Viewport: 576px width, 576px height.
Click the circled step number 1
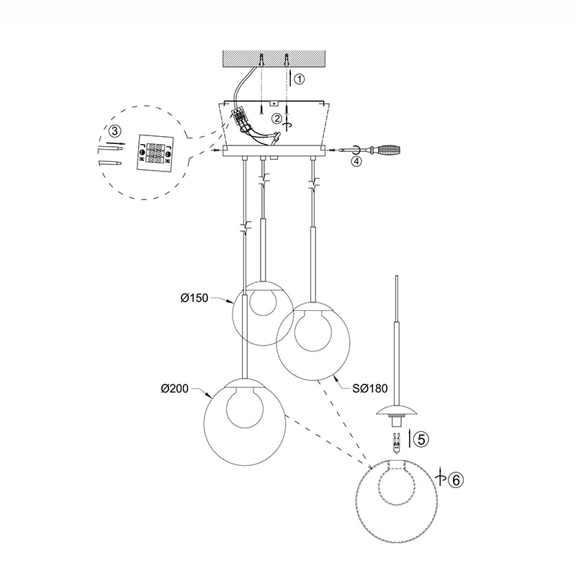point(300,79)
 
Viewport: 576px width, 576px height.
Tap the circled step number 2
point(276,118)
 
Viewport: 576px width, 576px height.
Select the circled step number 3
point(115,130)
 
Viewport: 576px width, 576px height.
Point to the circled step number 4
point(356,161)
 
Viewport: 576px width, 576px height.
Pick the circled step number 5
point(421,439)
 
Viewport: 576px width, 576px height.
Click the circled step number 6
point(456,480)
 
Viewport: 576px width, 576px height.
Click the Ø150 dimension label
point(194,298)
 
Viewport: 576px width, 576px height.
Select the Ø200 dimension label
point(174,388)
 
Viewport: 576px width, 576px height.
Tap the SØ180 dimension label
point(370,388)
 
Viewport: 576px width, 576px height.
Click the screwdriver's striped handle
point(390,150)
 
